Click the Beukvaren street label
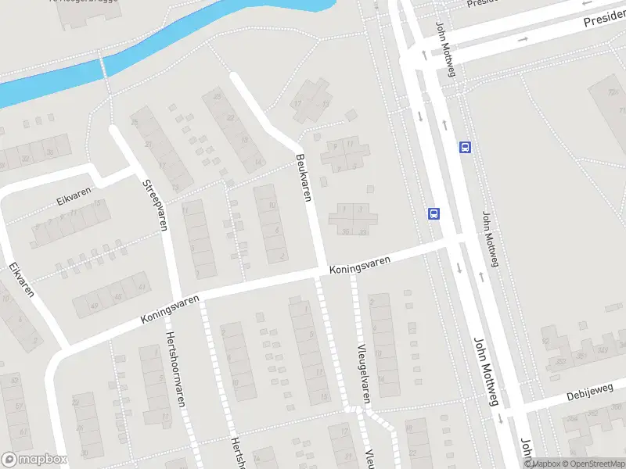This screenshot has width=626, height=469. (x=304, y=177)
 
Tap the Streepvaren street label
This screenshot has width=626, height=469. (x=156, y=205)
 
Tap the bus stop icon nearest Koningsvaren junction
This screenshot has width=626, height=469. (x=434, y=213)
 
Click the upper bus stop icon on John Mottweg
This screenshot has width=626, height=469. (x=465, y=146)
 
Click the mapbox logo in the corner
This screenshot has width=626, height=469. (x=34, y=460)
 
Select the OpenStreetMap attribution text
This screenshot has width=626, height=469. (x=590, y=464)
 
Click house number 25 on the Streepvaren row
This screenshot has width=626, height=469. (x=134, y=122)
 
